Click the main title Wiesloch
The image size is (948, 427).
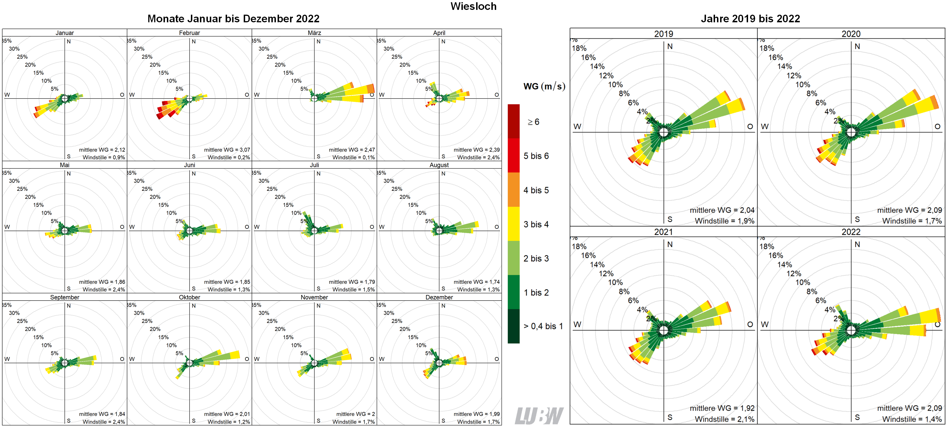473,6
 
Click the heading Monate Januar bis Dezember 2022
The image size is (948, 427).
233,19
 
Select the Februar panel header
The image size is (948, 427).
189,33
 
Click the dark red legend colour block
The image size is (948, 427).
513,121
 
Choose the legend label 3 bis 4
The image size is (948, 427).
536,224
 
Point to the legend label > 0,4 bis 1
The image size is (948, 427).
543,326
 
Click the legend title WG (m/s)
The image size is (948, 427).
544,86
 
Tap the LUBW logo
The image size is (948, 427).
539,416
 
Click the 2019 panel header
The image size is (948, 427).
664,34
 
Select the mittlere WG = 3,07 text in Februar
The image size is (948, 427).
227,150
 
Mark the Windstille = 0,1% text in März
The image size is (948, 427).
353,157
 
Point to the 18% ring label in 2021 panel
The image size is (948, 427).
579,246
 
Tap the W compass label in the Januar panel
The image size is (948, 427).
7,95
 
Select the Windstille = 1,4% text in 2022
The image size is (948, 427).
912,419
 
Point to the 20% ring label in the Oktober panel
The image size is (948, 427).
155,329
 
